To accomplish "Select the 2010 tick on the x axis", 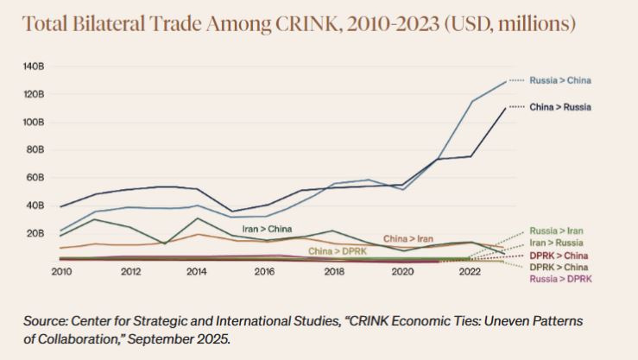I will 61,271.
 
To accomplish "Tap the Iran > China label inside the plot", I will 267,229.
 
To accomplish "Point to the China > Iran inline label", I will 407,237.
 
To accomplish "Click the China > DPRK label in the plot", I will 338,250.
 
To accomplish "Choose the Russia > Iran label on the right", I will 556,231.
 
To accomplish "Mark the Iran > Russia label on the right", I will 556,243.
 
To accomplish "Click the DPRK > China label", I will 559,256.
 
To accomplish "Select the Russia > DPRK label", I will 559,279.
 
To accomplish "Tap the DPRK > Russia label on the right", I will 559,268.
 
